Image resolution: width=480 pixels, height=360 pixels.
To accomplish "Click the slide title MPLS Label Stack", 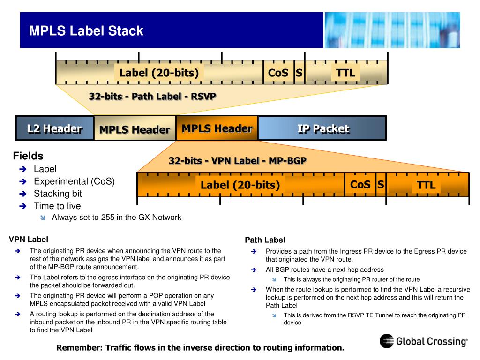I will click(86, 31).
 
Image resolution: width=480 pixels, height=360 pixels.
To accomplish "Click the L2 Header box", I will click(54, 128).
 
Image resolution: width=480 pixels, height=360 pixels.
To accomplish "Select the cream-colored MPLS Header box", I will click(134, 129).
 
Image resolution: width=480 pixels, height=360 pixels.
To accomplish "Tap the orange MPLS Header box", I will click(217, 128).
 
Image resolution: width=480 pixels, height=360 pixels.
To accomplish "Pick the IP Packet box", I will click(323, 128).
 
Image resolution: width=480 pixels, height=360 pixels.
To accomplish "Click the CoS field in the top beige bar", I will click(278, 73).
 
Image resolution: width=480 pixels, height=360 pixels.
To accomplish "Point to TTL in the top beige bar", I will click(345, 73).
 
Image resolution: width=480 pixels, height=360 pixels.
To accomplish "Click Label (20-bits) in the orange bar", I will click(240, 185).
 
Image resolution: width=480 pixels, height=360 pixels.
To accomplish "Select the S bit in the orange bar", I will click(381, 185).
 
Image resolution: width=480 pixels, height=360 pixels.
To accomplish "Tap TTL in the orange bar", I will click(426, 185).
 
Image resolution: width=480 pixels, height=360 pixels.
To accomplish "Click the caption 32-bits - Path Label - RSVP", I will click(152, 97).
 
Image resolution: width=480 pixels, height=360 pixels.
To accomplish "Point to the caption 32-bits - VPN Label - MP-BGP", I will click(237, 161).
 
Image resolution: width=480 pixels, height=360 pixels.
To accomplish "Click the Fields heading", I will click(28, 156).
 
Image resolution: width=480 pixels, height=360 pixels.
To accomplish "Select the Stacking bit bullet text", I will click(58, 194).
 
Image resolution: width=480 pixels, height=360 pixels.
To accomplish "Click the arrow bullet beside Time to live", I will click(23, 206).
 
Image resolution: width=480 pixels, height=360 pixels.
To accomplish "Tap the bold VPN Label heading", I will click(28, 240).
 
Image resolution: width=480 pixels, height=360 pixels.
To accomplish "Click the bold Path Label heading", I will click(265, 240).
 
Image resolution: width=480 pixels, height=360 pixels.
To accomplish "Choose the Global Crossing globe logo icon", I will click(387, 341).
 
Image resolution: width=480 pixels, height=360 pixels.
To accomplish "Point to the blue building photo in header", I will click(392, 30).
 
